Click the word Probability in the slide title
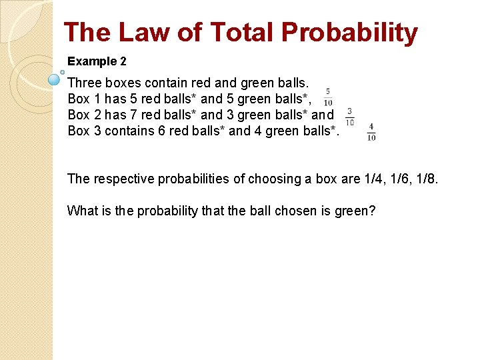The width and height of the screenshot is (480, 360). pos(349,33)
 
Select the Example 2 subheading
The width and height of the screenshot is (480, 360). pos(97,61)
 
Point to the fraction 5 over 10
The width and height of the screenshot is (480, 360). pos(328,97)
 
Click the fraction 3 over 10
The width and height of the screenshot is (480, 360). pos(349,117)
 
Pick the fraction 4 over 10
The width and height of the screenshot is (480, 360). pos(371,132)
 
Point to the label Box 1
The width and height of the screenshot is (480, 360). pos(83,99)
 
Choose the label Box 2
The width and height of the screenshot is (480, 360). pos(83,115)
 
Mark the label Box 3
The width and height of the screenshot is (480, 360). pos(83,131)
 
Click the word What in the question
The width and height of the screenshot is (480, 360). pos(81,211)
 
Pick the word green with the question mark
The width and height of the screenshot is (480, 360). pos(355,211)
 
